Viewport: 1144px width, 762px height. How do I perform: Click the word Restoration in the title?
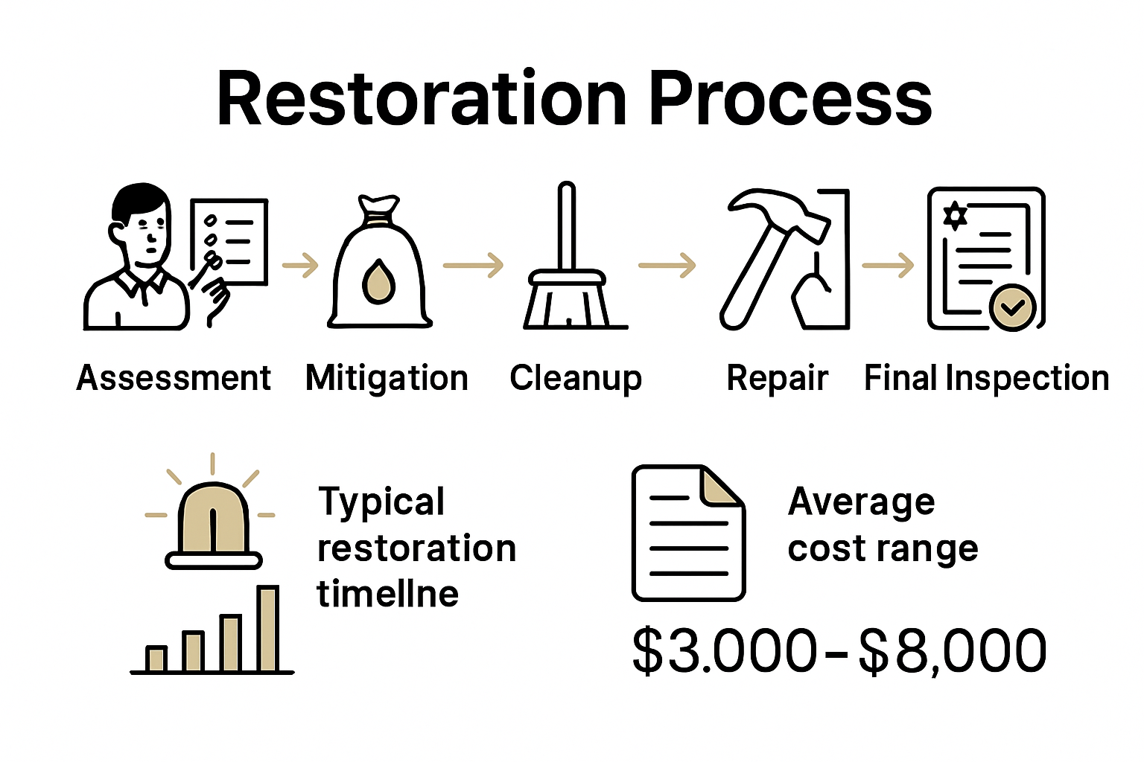422,100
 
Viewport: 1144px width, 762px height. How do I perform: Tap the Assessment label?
174,378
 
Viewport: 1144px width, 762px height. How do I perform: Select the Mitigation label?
387,378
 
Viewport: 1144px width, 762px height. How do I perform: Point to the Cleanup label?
575,378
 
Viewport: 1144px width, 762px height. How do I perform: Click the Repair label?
777,378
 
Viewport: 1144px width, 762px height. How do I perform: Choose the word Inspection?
1027,378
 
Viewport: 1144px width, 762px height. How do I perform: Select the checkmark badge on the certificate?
1012,307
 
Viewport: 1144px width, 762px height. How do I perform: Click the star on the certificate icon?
955,215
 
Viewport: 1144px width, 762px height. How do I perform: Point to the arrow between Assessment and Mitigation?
300,265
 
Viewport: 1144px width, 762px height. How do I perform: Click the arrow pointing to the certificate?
888,265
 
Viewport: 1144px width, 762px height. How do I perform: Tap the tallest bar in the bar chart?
267,629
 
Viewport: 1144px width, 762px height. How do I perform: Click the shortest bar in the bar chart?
156,659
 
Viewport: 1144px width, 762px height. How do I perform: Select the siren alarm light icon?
213,521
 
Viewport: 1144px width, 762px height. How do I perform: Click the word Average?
861,502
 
